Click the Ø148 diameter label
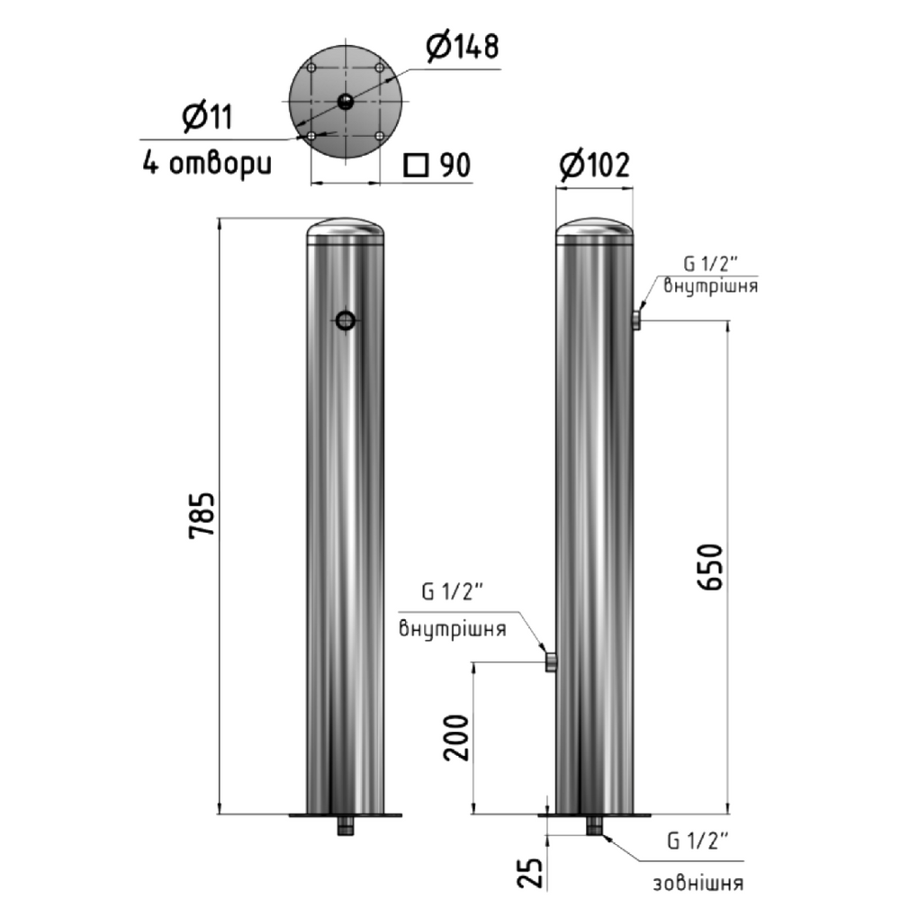pos(463,47)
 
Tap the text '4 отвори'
pos(207,164)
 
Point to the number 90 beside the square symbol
pos(455,166)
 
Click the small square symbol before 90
pos(416,166)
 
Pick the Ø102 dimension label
pos(595,165)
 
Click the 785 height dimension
pos(202,515)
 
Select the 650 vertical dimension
pos(710,567)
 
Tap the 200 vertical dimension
pos(456,738)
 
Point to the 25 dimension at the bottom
pos(534,872)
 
